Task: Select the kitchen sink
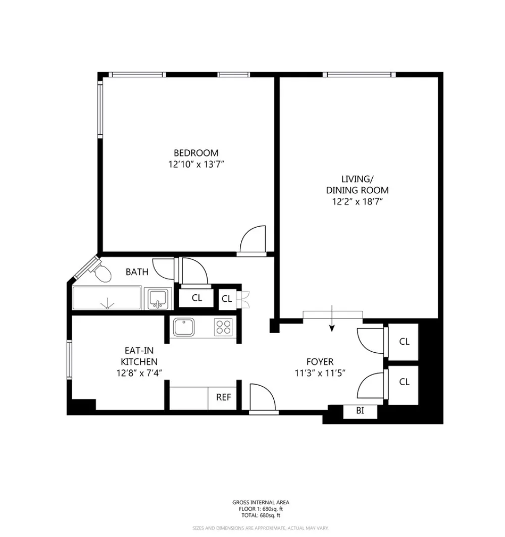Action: coord(184,327)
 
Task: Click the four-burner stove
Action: coord(223,327)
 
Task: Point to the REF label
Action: coord(223,397)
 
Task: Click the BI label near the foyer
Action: coord(360,410)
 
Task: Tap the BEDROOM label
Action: coord(196,153)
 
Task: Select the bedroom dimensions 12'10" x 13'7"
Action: coord(196,165)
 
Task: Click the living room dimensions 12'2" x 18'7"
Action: coord(358,201)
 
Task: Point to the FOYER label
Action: coord(320,362)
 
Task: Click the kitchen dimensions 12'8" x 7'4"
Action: coord(139,373)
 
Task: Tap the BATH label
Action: coord(137,272)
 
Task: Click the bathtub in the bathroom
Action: coord(107,298)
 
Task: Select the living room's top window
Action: coord(359,74)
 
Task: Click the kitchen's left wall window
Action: coord(69,359)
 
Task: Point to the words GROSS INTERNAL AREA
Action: coord(261,502)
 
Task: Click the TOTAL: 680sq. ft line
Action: coord(261,515)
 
